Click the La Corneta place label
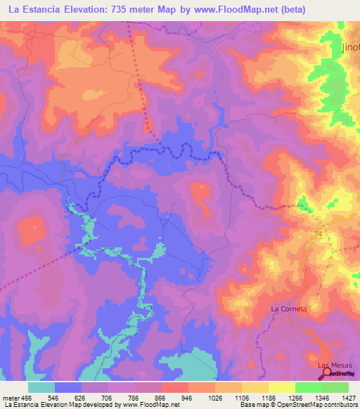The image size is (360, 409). click(289, 309)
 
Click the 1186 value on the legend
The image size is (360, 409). click(268, 397)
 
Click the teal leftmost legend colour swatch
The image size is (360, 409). click(41, 387)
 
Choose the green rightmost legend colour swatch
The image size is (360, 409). click(335, 387)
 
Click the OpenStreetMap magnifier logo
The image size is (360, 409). click(329, 375)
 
